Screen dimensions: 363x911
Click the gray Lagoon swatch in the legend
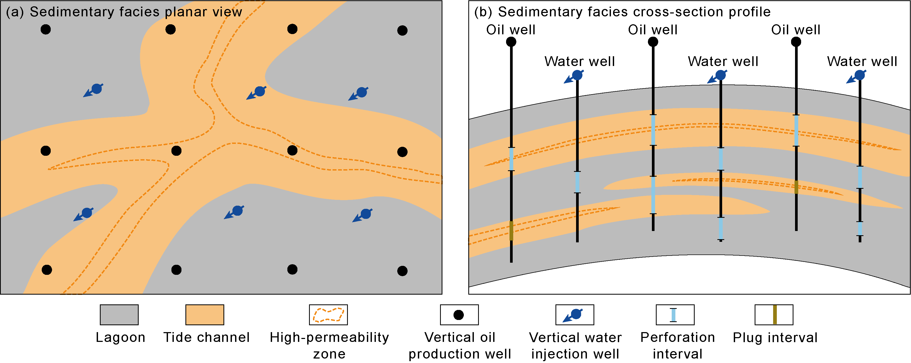pyautogui.click(x=119, y=315)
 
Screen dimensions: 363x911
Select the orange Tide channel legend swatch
pyautogui.click(x=205, y=315)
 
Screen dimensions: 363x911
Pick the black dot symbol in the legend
pyautogui.click(x=459, y=315)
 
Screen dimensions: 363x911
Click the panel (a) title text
pyautogui.click(x=124, y=12)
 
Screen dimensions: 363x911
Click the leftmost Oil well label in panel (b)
pyautogui.click(x=511, y=30)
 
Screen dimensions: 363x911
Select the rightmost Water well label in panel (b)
pyautogui.click(x=862, y=62)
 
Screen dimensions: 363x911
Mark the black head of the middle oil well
pyautogui.click(x=653, y=42)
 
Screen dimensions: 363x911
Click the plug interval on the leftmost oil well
pyautogui.click(x=511, y=231)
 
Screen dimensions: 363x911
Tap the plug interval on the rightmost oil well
pyautogui.click(x=796, y=187)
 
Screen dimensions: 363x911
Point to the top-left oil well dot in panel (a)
pyautogui.click(x=46, y=29)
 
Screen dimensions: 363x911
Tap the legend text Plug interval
pyautogui.click(x=775, y=338)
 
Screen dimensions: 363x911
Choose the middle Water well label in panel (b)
pyautogui.click(x=723, y=62)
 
